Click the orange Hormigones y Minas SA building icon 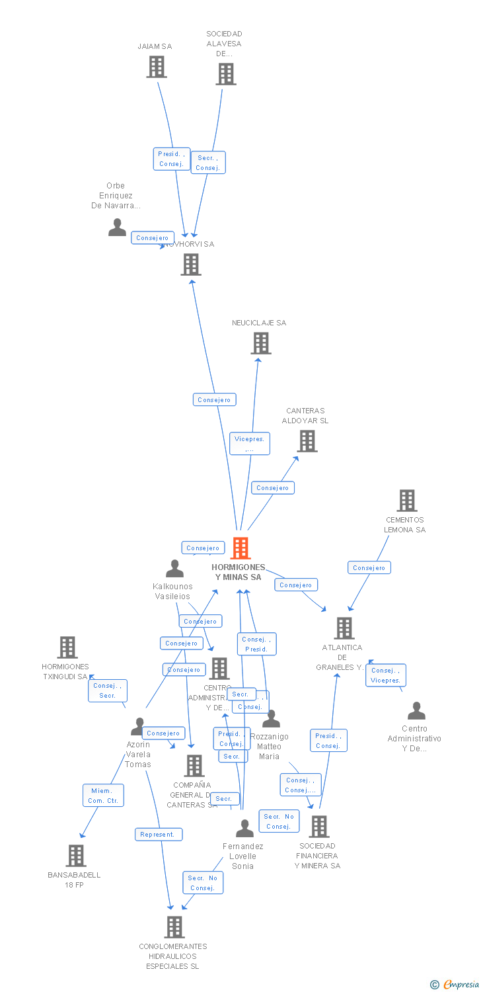click(x=240, y=548)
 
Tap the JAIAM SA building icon click(x=157, y=67)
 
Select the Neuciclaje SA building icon click(x=261, y=343)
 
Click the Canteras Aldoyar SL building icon click(x=307, y=441)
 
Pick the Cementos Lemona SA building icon click(x=406, y=501)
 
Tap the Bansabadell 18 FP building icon click(x=76, y=856)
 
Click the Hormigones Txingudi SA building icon click(x=67, y=647)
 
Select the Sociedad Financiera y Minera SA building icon click(x=319, y=826)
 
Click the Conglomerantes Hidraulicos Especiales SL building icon click(x=174, y=927)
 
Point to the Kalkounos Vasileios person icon click(x=174, y=569)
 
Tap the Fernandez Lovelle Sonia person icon click(x=244, y=829)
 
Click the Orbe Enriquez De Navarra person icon click(x=117, y=227)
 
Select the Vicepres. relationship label click(x=250, y=443)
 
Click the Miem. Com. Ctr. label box click(x=103, y=796)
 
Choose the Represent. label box click(x=159, y=835)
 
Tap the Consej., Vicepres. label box click(x=386, y=675)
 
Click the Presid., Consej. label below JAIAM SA click(x=172, y=159)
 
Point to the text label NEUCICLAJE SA click(x=259, y=323)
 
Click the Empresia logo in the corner click(x=455, y=985)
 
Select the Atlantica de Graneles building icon click(x=344, y=628)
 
